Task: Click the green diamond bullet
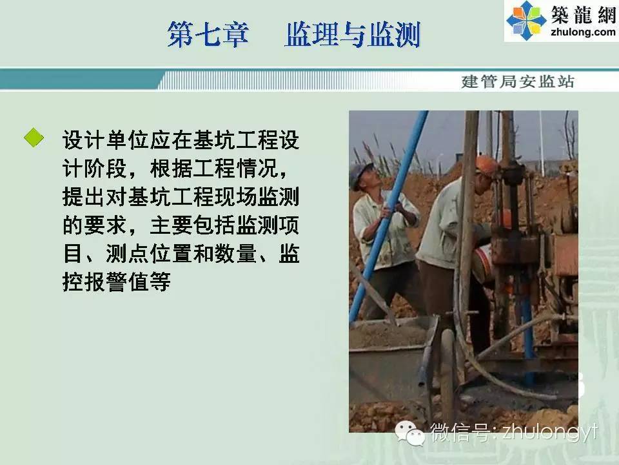[x=34, y=138]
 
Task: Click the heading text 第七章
[x=208, y=34]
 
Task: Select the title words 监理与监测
[x=352, y=34]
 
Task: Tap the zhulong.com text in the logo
[x=583, y=32]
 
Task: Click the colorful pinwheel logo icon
[x=526, y=20]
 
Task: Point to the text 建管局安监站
[x=517, y=81]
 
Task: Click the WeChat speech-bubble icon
[x=410, y=433]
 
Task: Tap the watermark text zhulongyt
[x=550, y=431]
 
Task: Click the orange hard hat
[x=486, y=165]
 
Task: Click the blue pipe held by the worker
[x=388, y=216]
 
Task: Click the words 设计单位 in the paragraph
[x=105, y=140]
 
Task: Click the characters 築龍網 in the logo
[x=583, y=15]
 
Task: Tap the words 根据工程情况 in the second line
[x=214, y=169]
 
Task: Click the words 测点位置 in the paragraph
[x=149, y=253]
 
